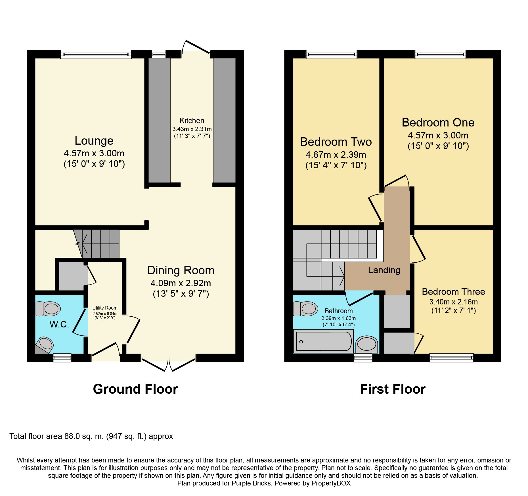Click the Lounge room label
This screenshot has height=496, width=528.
click(x=94, y=141)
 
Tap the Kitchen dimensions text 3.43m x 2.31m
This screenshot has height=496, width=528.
click(x=192, y=129)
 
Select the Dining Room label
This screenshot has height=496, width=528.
click(x=181, y=270)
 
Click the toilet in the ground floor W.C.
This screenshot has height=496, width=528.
click(x=48, y=309)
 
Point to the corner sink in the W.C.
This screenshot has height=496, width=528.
click(x=44, y=345)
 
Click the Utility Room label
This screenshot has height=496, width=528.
click(x=105, y=308)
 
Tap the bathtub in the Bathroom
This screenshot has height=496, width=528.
click(x=324, y=341)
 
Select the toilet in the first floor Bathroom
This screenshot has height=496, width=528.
click(x=305, y=309)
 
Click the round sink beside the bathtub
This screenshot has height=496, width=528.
click(x=367, y=344)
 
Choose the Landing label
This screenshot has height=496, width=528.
click(x=384, y=270)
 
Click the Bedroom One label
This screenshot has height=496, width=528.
click(x=438, y=123)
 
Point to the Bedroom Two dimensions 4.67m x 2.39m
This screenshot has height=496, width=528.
click(x=336, y=155)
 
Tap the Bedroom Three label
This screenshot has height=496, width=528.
click(x=453, y=292)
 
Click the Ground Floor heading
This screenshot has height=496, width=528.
click(x=135, y=389)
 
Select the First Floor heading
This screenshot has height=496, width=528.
click(x=393, y=389)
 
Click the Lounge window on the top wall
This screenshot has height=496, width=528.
click(x=96, y=54)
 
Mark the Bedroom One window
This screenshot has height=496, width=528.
click(x=440, y=54)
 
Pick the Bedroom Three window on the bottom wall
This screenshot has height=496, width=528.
click(x=452, y=358)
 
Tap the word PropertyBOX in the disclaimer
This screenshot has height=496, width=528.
click(x=331, y=483)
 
